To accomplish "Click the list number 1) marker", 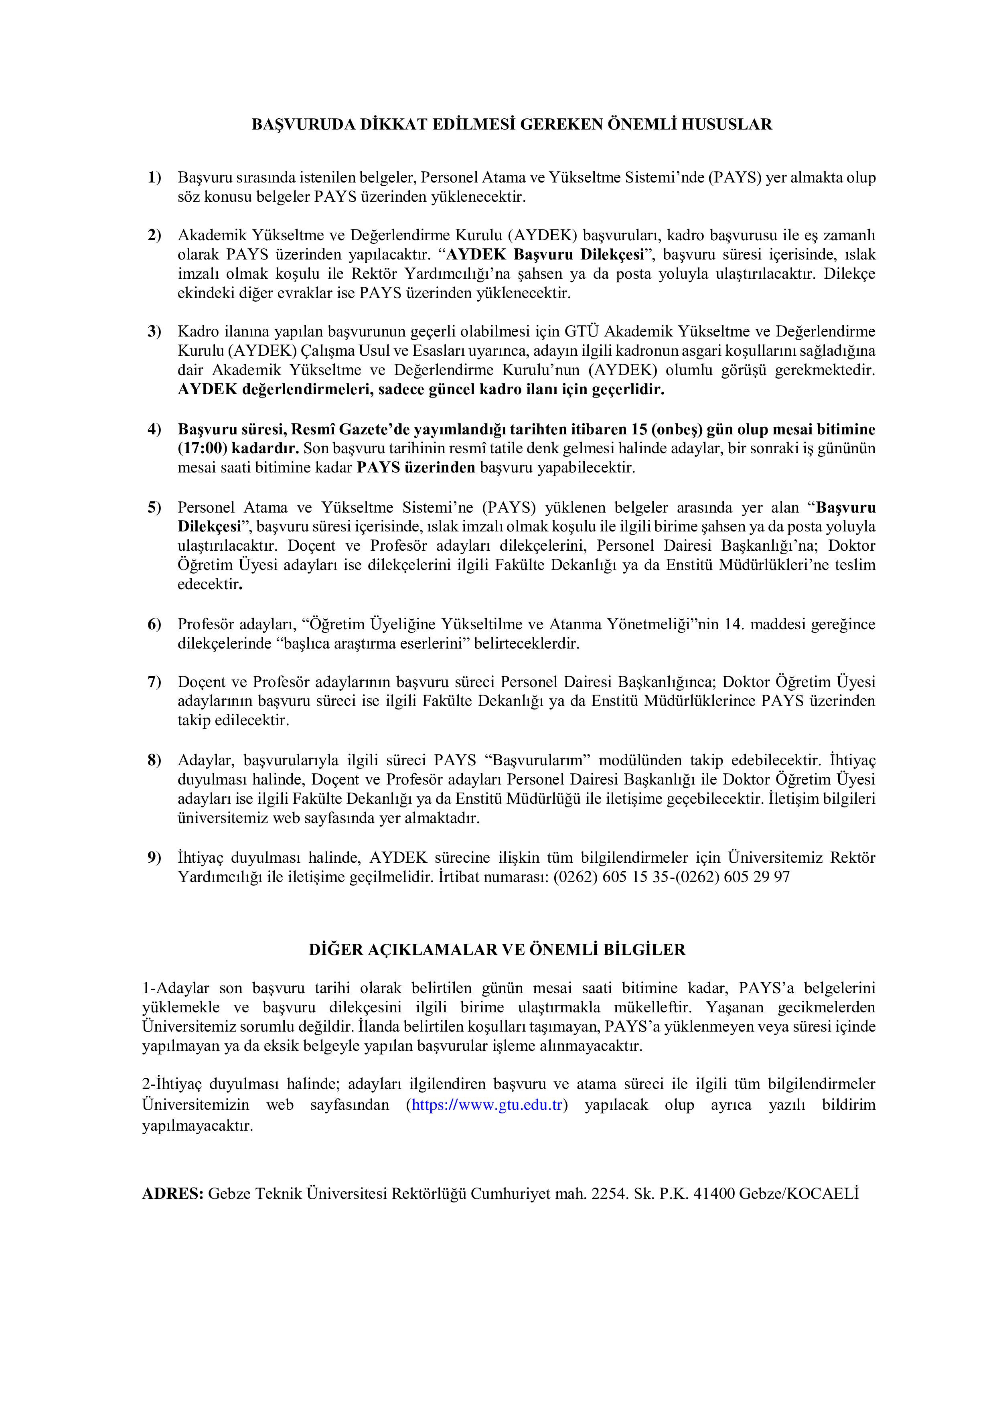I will [x=154, y=178].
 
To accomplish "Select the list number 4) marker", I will [x=154, y=429].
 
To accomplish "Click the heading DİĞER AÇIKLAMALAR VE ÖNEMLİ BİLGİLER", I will [x=497, y=950].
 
